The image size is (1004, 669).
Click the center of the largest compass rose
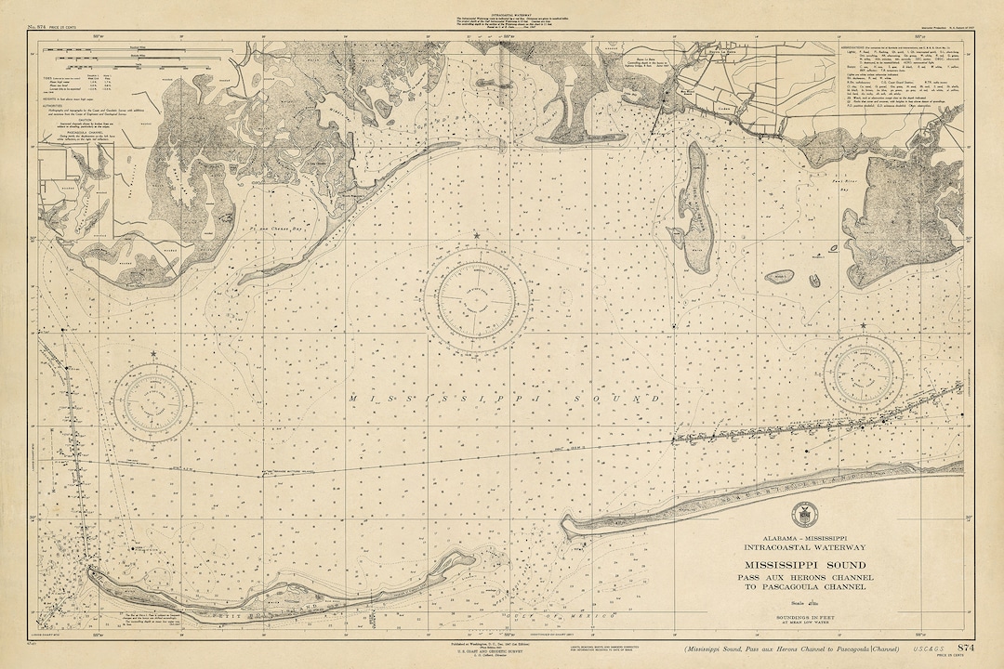pyautogui.click(x=469, y=297)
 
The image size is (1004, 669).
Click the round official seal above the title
pyautogui.click(x=800, y=515)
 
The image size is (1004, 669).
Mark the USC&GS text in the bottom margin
pyautogui.click(x=914, y=648)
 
